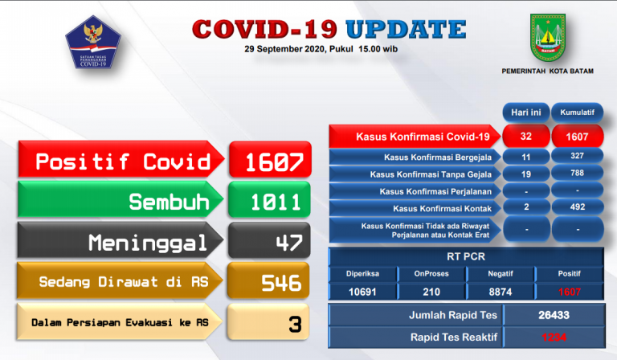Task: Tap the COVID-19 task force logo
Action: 96,44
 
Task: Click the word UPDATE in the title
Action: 406,30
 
